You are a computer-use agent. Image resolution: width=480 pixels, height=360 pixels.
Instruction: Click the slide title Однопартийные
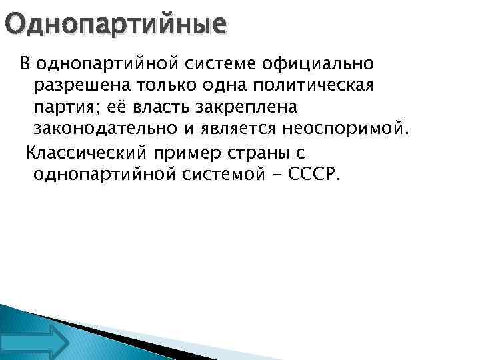click(115, 25)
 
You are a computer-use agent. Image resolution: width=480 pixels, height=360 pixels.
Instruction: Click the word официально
click(319, 65)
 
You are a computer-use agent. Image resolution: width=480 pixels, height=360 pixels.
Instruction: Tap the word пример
click(186, 153)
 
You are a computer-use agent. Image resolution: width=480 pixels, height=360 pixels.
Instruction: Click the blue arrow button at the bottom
click(45, 342)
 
